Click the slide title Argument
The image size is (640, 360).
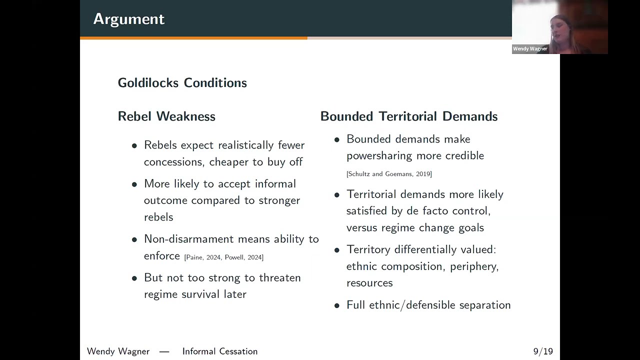tap(129, 19)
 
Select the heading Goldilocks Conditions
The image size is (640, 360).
tap(182, 83)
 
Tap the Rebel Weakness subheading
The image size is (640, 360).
tap(166, 116)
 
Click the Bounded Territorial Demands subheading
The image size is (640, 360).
tap(409, 116)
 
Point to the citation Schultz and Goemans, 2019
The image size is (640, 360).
tap(389, 173)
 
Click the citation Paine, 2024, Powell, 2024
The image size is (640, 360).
tap(223, 257)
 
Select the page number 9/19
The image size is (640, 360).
tap(543, 351)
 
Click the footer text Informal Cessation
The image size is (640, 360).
tap(220, 351)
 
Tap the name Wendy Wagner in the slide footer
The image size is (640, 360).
tap(118, 351)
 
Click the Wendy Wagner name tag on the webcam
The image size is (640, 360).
tap(530, 49)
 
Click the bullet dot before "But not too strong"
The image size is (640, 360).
tap(134, 278)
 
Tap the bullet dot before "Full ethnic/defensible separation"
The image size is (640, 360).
tap(337, 305)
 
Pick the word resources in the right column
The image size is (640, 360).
tap(369, 283)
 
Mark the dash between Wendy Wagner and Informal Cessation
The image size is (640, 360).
tap(164, 351)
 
